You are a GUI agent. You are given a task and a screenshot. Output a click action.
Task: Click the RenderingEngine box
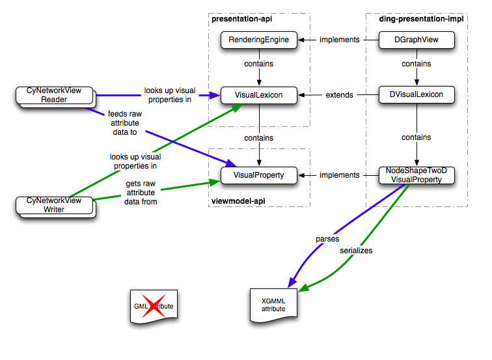point(258,40)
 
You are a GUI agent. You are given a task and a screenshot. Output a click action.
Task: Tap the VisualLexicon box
point(258,95)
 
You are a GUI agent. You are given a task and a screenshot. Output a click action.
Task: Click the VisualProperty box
point(258,175)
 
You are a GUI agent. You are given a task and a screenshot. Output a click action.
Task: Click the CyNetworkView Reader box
point(54,95)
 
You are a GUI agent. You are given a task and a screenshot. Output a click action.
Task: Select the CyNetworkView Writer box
point(54,205)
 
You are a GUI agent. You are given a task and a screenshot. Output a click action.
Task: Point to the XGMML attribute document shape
point(273,305)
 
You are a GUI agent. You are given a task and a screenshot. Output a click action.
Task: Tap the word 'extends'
point(339,95)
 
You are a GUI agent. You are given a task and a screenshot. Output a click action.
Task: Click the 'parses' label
point(327,239)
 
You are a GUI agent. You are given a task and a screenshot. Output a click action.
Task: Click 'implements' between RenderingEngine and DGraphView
point(339,40)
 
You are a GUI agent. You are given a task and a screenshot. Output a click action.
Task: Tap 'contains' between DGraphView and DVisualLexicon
point(416,64)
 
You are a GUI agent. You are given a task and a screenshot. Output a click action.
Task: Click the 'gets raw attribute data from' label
point(141,193)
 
